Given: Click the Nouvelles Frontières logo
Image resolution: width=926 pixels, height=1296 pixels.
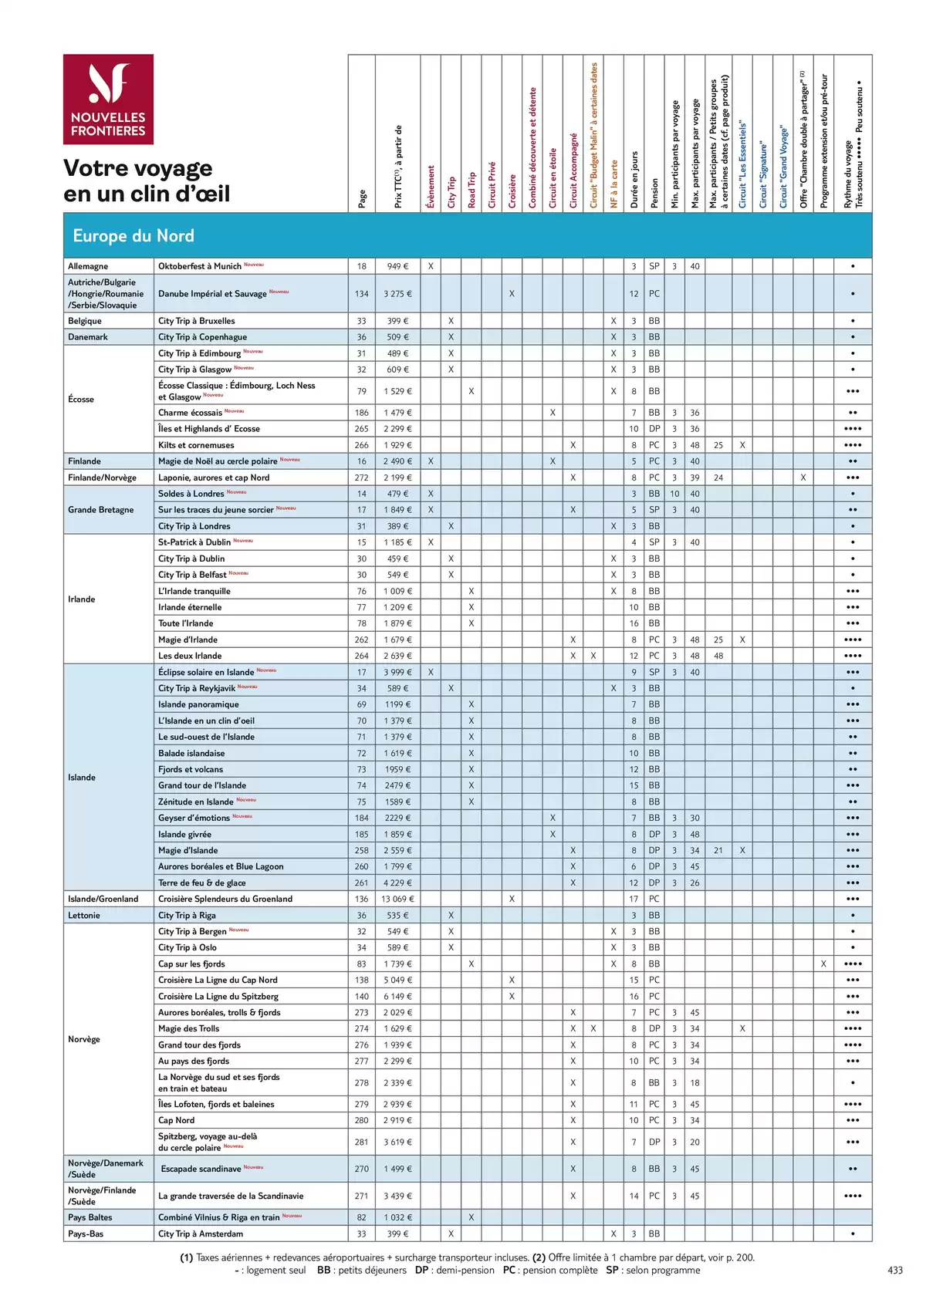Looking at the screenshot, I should [x=108, y=100].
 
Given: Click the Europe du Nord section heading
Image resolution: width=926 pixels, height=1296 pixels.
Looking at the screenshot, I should [x=133, y=236].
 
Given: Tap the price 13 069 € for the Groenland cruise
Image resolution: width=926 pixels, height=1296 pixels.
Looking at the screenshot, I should [x=397, y=899].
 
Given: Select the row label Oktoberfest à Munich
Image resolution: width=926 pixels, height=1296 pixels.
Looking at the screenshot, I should [x=200, y=266].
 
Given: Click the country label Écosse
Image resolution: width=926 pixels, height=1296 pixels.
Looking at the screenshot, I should [x=81, y=399].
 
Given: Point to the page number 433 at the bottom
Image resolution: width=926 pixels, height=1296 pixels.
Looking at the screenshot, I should [x=895, y=1270].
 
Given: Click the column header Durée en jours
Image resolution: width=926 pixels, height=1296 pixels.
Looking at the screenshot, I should [x=634, y=179].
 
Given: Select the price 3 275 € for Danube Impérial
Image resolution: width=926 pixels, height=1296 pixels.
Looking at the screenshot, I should [x=397, y=294].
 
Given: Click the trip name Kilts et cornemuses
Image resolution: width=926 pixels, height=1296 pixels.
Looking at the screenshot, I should [x=196, y=445].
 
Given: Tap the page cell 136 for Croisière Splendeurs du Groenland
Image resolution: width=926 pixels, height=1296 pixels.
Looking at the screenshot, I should [x=361, y=899].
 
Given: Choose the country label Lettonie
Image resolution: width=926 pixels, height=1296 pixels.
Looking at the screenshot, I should [x=84, y=915].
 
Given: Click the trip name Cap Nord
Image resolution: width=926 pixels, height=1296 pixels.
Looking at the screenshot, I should [x=176, y=1120].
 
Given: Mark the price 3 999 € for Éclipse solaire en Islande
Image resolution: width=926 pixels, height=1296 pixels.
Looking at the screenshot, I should [x=397, y=672].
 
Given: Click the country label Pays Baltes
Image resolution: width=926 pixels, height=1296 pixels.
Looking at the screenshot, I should [x=90, y=1217].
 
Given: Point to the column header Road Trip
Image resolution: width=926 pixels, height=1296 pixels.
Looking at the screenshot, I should [x=471, y=189].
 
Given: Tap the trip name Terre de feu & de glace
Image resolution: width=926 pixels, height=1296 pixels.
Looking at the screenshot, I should [x=202, y=883].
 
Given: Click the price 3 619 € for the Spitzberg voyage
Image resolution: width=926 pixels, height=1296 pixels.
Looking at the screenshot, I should [x=397, y=1142].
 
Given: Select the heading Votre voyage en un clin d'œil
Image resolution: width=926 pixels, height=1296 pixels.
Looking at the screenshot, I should [x=147, y=181].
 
